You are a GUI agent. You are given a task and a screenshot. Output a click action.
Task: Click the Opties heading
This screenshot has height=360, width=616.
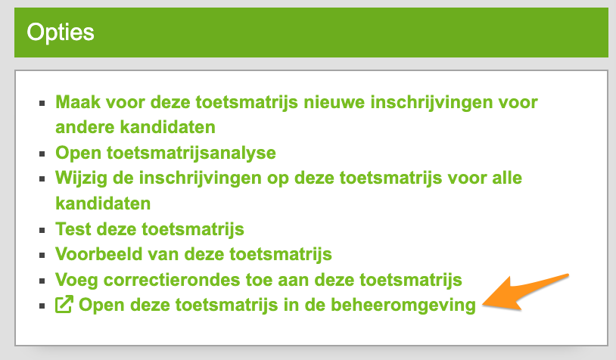[x=61, y=33]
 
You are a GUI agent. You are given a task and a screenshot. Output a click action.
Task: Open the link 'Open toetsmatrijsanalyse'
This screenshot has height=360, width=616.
[x=166, y=153]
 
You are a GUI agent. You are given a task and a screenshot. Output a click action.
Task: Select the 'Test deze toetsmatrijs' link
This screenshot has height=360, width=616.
[x=150, y=229]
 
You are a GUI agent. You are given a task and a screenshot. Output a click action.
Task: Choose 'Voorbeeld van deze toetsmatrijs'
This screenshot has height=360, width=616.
[x=194, y=254]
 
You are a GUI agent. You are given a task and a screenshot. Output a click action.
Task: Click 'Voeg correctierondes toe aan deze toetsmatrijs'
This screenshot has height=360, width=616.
[x=259, y=280]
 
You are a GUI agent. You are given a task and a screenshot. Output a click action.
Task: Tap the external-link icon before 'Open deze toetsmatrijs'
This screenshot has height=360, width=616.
[x=64, y=304]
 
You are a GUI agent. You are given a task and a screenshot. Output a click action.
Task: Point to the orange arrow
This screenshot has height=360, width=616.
[x=526, y=293]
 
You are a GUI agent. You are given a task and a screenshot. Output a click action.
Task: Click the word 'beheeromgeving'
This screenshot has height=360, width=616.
[x=403, y=305]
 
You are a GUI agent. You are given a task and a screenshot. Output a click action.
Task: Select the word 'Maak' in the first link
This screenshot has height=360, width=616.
[x=78, y=102]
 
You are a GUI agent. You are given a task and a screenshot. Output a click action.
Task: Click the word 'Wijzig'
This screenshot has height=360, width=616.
[x=81, y=178]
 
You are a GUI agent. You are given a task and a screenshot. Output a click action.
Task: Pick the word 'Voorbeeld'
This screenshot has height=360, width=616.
[x=98, y=254]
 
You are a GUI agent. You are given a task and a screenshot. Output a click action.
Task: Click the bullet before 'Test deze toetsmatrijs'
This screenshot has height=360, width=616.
[x=42, y=230]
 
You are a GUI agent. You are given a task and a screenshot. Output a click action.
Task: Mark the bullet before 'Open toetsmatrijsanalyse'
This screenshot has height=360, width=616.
[x=42, y=154]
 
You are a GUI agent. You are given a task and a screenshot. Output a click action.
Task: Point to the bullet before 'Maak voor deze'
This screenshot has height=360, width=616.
[x=42, y=104]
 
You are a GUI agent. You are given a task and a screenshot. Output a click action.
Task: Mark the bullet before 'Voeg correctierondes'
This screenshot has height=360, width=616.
[x=42, y=281]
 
